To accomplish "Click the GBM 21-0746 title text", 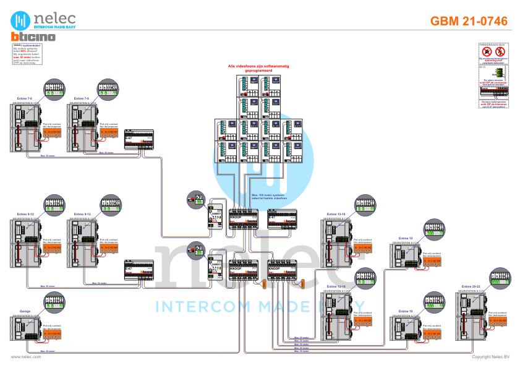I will (469, 21).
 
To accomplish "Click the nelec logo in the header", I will (46, 20).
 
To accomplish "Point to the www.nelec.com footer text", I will (26, 357).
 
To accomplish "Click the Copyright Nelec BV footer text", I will (491, 357).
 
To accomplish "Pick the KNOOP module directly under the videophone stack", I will (243, 221).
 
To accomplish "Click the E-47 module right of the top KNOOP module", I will (282, 221).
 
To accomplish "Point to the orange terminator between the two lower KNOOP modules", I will (264, 284).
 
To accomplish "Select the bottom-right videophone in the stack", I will (294, 152).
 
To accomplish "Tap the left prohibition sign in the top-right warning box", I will (487, 51).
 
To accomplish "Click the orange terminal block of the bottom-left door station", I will (52, 333).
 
